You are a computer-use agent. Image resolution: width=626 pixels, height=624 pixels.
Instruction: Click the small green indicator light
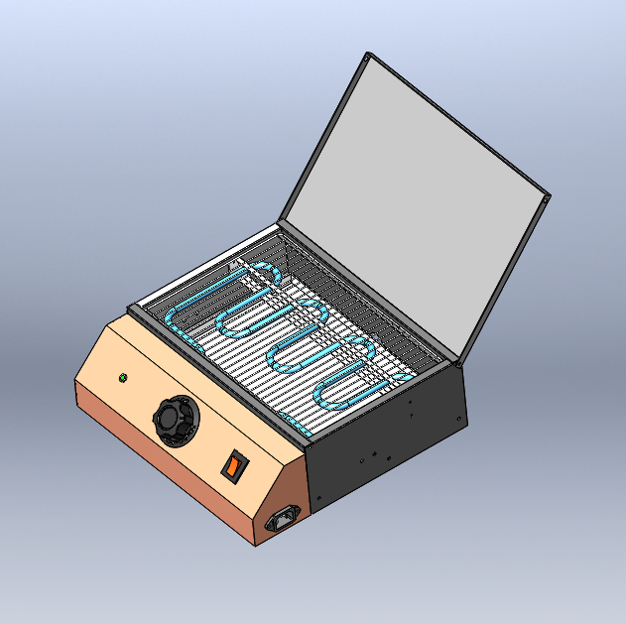point(122,377)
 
